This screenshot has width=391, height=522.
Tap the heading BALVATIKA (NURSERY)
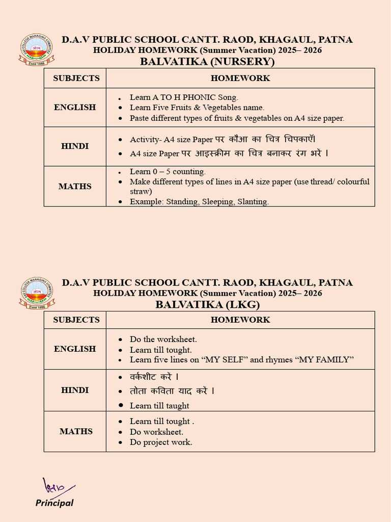[207, 62]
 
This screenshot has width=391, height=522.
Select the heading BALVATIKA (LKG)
[207, 305]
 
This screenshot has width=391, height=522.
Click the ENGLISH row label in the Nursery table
[75, 107]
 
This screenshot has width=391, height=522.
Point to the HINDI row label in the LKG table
[75, 390]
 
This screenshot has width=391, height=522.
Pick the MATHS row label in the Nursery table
[75, 186]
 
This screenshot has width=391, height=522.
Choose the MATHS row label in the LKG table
[76, 431]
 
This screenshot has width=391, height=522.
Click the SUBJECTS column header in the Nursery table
[76, 78]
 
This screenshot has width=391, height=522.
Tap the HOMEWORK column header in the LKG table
[240, 320]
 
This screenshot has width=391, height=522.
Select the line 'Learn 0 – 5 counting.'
[167, 171]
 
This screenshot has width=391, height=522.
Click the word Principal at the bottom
[54, 503]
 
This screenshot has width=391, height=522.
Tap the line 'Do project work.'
[161, 442]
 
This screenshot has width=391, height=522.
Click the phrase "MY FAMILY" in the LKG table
[325, 359]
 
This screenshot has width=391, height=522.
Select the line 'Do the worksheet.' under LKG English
[163, 339]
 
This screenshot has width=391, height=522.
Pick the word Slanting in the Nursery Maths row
[252, 201]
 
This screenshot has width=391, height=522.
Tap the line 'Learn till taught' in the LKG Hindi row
[159, 406]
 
